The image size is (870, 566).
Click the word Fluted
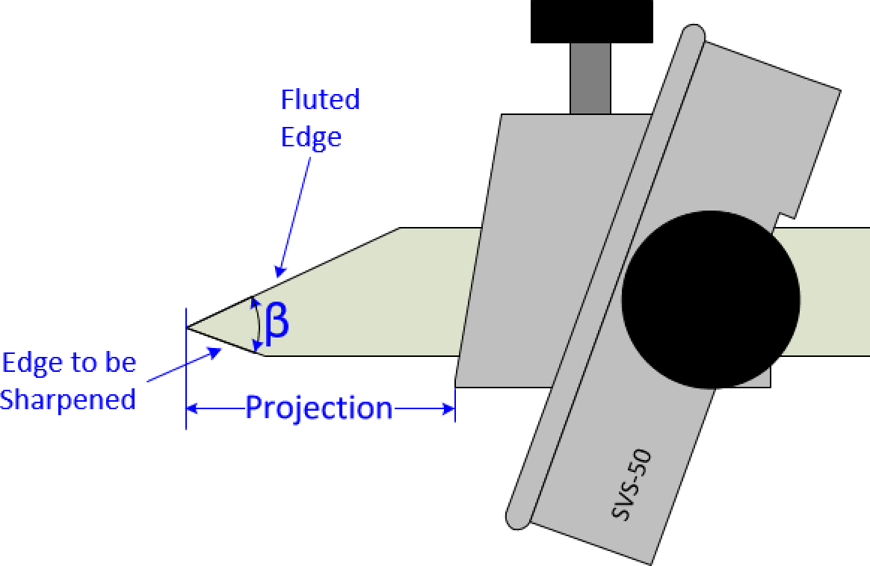pos(320,99)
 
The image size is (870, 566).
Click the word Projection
pos(319,408)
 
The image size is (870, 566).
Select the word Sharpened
pos(68,399)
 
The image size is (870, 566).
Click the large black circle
pos(710,299)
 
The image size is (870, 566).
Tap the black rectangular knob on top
pos(591,21)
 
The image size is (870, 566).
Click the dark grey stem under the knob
pos(590,78)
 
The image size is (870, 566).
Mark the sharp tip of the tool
pos(188,327)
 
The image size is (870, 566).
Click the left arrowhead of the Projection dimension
pos(192,408)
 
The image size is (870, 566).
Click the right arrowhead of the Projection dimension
pos(449,408)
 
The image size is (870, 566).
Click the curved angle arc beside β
pos(258,323)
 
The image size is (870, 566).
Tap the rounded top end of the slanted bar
pos(693,37)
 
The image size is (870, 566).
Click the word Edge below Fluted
pos(311,137)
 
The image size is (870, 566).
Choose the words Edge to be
pos(70,364)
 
